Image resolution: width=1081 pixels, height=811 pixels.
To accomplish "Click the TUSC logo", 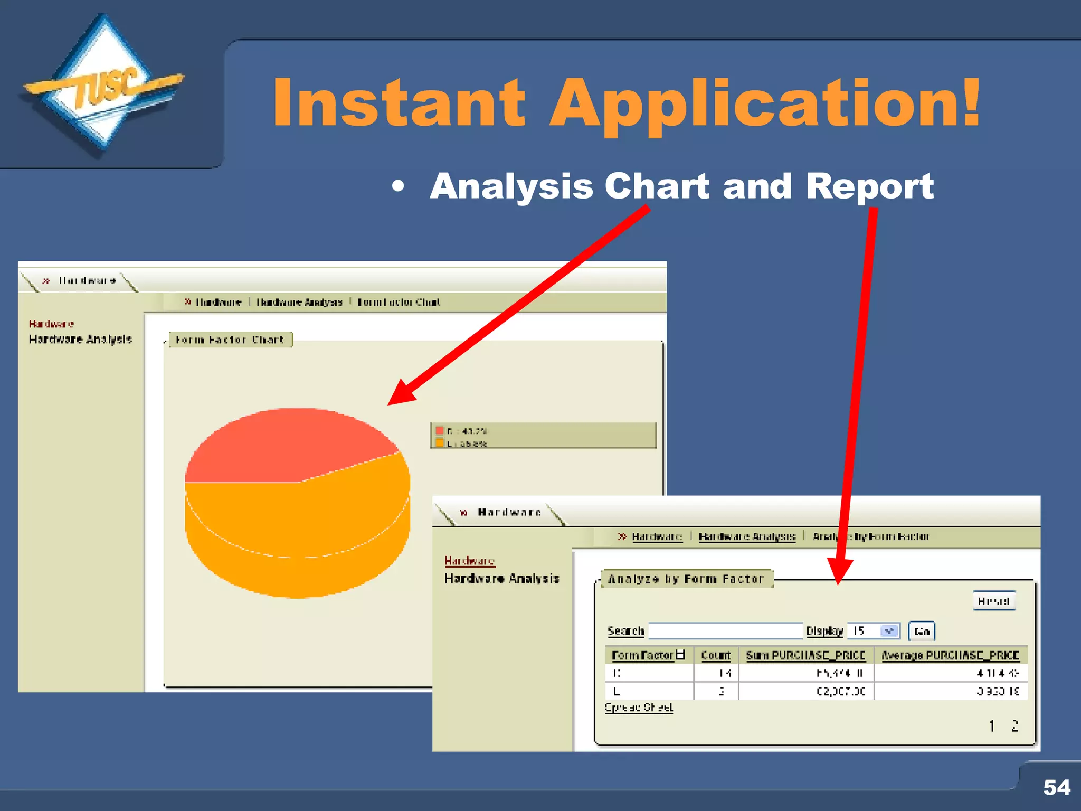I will [103, 87].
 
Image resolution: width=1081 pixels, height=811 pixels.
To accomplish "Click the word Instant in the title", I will [399, 103].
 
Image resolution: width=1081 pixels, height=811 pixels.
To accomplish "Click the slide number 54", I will [1056, 787].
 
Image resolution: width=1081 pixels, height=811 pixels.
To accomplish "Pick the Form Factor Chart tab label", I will [230, 340].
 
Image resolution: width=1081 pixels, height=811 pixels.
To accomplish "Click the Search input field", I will [725, 631].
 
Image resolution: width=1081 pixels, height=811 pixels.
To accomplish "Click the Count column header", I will [716, 655].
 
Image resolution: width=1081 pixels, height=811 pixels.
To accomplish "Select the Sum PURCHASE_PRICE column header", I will [805, 655].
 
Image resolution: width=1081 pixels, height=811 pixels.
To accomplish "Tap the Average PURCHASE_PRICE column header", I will [950, 655].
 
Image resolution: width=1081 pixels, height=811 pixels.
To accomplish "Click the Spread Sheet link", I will [639, 708].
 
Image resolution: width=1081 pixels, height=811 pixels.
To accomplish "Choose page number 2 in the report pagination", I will [1014, 726].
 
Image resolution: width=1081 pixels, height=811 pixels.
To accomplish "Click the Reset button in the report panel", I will [994, 601].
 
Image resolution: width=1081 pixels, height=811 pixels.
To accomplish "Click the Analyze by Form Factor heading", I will [686, 579].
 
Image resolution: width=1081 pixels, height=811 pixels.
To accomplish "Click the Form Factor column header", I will [642, 655].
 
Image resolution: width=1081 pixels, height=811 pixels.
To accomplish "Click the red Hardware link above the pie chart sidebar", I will [51, 324].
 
